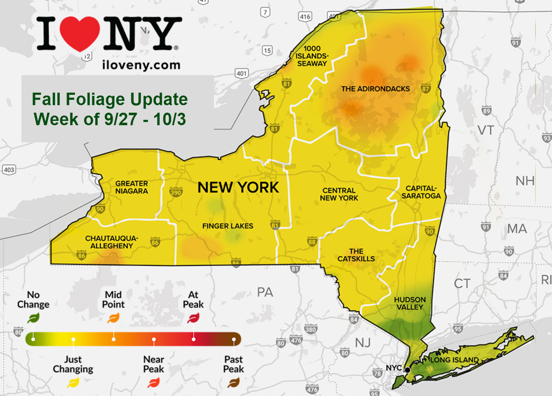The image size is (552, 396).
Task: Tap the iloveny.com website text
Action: pos(141,65)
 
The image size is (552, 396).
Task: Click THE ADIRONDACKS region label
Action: pos(375,89)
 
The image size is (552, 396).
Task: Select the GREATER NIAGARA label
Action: pos(131,187)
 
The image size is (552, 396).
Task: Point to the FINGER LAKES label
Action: pos(228,226)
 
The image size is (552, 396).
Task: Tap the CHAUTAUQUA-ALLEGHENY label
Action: pos(112,242)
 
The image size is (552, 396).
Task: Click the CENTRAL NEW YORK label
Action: pos(339,194)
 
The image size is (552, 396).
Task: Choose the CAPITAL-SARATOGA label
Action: pos(421,192)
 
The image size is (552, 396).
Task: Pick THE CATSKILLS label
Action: pos(356,255)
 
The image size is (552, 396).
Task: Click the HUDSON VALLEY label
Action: pos(410,303)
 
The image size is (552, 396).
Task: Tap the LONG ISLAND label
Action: pos(454,360)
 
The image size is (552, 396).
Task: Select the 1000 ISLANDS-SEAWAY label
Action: pos(312,56)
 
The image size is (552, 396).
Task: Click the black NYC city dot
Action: pos(407,370)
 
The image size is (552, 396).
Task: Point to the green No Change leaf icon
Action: pos(33,318)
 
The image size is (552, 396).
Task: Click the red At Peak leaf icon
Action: pos(193,318)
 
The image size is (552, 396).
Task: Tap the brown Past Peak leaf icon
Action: pos(234,383)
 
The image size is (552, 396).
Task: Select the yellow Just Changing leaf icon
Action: pos(73,383)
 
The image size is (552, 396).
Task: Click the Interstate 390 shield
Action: pos(176,192)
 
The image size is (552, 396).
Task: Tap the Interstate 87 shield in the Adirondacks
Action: pos(425,89)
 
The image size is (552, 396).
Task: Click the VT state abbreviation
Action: pos(485,130)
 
